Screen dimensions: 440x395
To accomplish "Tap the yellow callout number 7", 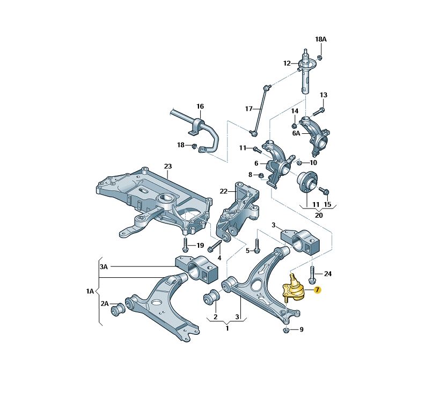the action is pyautogui.click(x=317, y=290).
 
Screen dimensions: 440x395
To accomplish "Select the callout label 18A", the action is pyautogui.click(x=321, y=39).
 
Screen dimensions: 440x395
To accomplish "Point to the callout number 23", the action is pyautogui.click(x=167, y=166).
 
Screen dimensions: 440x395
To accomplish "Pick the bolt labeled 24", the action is pyautogui.click(x=312, y=275).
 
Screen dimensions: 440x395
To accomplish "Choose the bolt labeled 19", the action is pyautogui.click(x=185, y=245).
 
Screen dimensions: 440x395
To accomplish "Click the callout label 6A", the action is pyautogui.click(x=296, y=133).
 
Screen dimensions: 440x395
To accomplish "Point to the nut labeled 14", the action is pyautogui.click(x=295, y=125).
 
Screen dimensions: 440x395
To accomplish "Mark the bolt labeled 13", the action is pyautogui.click(x=318, y=112).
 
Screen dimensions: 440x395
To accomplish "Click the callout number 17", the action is pyautogui.click(x=248, y=109).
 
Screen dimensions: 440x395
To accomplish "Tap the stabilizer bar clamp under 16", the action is pyautogui.click(x=198, y=127).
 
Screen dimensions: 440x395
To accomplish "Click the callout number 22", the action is pyautogui.click(x=223, y=191).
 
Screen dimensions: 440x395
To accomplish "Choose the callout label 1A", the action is pyautogui.click(x=90, y=291).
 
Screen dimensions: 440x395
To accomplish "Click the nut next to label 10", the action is pyautogui.click(x=299, y=162).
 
